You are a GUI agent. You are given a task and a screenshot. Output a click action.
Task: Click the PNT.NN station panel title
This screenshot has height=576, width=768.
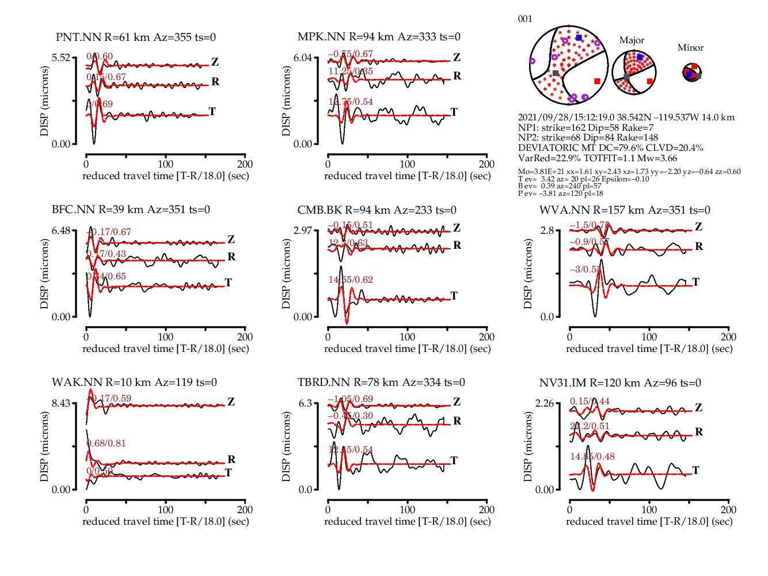point(136,37)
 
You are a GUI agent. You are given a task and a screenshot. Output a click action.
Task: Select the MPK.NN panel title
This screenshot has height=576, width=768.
point(379,37)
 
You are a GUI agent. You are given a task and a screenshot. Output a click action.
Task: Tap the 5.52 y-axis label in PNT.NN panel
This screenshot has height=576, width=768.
point(61,58)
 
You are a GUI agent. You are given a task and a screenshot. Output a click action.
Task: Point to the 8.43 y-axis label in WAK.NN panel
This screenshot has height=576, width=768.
point(61,403)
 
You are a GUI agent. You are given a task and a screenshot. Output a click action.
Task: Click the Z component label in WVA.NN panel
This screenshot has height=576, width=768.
point(698,227)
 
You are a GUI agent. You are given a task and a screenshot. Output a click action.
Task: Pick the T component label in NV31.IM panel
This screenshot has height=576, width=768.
point(695,471)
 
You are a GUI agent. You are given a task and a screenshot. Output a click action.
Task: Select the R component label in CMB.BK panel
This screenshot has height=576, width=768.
point(457,245)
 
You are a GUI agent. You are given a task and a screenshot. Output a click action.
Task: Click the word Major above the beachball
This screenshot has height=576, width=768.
point(632,40)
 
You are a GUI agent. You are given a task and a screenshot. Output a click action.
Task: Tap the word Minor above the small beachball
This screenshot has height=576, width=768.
point(690,48)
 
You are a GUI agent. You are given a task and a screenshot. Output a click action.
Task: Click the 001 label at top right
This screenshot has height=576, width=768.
point(525,19)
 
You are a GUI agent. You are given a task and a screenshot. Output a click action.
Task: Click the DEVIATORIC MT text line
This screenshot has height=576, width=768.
point(610,148)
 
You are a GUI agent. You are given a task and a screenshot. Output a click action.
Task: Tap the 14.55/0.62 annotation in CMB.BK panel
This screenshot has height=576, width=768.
point(351,280)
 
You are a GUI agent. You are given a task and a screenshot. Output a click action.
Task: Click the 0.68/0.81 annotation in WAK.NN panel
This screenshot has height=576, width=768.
point(106,444)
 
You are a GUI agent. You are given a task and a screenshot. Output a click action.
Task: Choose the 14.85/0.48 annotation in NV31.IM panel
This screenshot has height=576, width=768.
point(592,457)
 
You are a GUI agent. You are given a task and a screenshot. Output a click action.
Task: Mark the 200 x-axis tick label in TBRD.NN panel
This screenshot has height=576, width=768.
point(486,510)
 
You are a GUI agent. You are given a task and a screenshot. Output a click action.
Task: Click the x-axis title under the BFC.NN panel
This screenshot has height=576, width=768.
point(166,348)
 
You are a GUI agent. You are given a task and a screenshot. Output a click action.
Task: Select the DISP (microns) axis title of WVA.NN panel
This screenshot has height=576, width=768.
point(528,274)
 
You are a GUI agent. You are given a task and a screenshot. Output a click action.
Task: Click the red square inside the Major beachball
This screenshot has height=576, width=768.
point(650,81)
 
